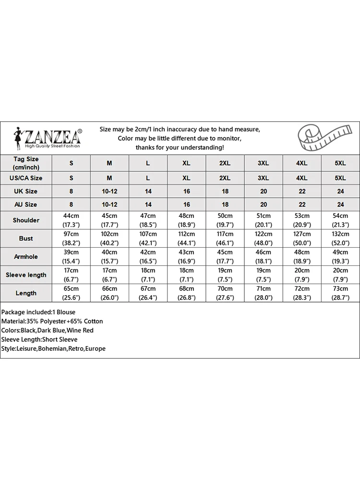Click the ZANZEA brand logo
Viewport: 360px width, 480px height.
pos(48,137)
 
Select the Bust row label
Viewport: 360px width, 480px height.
pos(26,238)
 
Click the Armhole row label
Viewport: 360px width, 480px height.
pos(26,256)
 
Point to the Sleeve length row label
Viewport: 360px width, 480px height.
pos(26,275)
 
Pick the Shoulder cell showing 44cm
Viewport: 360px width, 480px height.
pos(72,220)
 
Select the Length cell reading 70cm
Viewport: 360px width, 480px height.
pos(225,293)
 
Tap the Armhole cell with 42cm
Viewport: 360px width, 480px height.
pos(148,256)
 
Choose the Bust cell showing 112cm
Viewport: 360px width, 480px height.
pos(186,238)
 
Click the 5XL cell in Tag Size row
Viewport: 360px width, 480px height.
pos(340,163)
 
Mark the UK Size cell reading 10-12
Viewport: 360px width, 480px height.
pos(109,191)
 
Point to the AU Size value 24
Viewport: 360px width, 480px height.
pos(340,204)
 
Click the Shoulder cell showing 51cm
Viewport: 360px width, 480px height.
pos(263,220)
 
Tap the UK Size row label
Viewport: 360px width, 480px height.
pos(26,191)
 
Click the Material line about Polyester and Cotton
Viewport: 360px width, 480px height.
pos(52,321)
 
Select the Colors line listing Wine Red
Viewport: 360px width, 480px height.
pos(48,330)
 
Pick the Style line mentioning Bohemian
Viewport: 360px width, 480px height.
pos(53,348)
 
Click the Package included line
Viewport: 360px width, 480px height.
pos(38,312)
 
